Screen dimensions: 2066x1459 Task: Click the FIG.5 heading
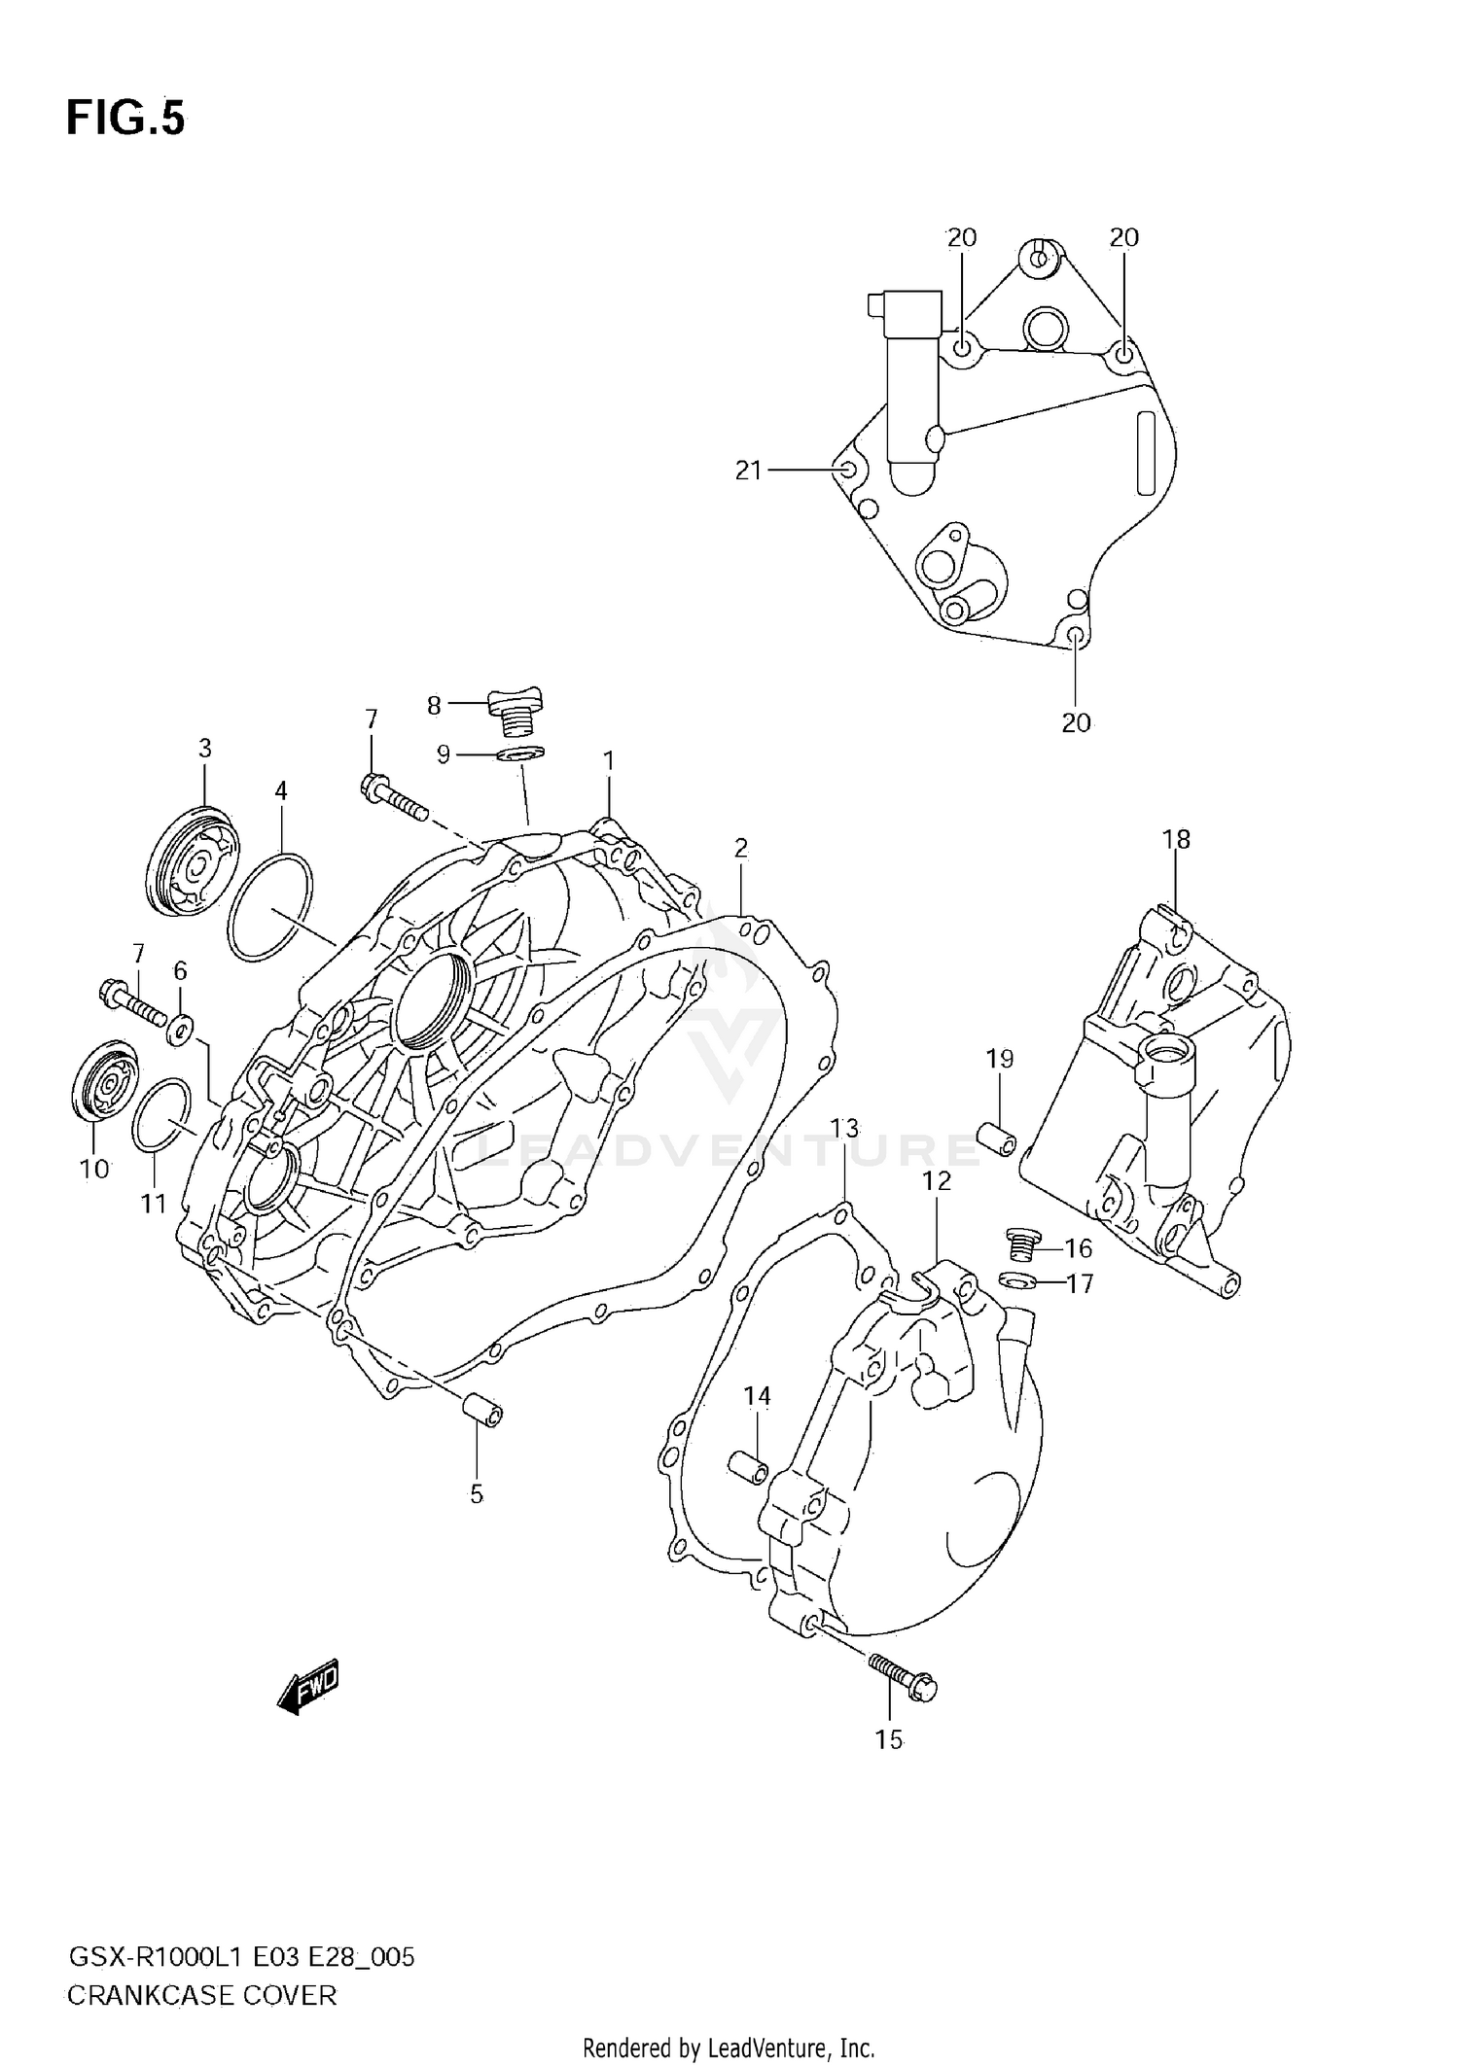coord(125,119)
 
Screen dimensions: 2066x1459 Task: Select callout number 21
coord(747,471)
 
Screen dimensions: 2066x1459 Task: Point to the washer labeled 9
coord(520,753)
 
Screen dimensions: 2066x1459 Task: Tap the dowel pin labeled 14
coord(748,1468)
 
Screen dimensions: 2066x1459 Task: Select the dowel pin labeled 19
coord(996,1138)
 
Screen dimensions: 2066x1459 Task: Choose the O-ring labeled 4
coord(270,907)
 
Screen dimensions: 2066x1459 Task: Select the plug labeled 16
coord(1021,1243)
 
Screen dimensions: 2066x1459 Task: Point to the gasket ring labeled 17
coord(1014,1280)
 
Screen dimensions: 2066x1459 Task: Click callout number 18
coord(1176,839)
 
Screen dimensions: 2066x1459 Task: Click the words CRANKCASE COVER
coord(201,1996)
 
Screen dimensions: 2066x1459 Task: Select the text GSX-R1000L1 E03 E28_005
coord(240,1957)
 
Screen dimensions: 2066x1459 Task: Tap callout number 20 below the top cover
coord(1076,722)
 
